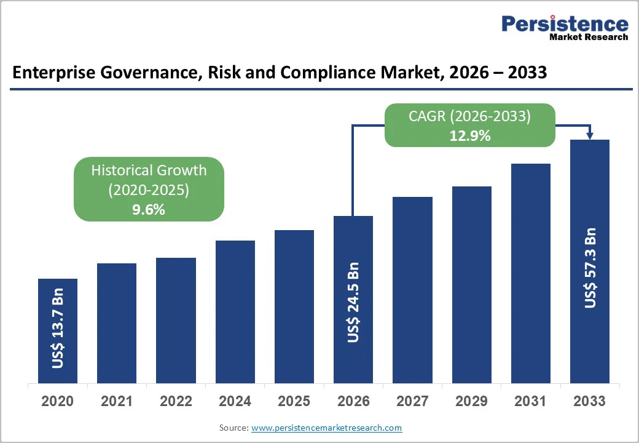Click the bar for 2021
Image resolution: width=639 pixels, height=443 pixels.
click(117, 323)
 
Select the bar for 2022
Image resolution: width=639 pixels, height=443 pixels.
click(176, 320)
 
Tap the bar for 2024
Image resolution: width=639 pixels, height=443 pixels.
click(235, 311)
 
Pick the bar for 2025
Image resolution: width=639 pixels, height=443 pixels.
click(294, 306)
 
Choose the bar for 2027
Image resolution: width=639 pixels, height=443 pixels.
click(412, 290)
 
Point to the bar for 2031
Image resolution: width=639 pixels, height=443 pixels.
click(530, 273)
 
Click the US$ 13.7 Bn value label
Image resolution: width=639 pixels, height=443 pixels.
click(58, 328)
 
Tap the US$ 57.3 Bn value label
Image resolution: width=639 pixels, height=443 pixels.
click(590, 268)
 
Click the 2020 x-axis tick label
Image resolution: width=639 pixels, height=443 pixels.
click(57, 401)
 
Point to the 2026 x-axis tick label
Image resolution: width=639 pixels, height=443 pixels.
click(353, 401)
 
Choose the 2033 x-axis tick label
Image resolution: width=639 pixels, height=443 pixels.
click(590, 401)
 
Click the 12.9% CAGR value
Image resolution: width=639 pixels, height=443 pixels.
click(470, 136)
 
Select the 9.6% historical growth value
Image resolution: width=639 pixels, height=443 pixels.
click(149, 209)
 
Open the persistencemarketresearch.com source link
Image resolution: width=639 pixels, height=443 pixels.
click(326, 428)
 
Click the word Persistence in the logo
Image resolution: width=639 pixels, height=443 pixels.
click(565, 23)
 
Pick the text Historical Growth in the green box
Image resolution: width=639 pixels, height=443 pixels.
click(149, 170)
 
